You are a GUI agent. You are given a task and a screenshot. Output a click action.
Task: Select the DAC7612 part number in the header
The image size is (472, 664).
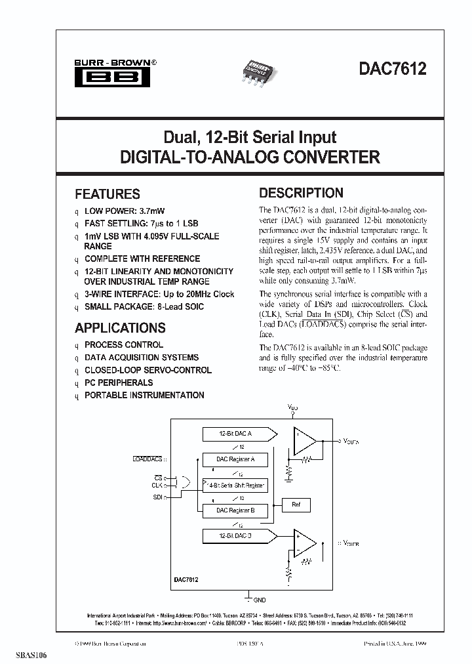coord(392,69)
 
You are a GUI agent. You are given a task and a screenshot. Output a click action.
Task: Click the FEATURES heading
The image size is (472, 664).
coord(108,194)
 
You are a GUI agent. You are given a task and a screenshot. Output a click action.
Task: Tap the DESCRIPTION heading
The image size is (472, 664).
coord(301,193)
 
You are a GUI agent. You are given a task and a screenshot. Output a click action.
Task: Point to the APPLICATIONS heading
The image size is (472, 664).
coord(120,328)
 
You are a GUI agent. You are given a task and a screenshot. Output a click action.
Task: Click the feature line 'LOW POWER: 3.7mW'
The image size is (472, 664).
coord(125,211)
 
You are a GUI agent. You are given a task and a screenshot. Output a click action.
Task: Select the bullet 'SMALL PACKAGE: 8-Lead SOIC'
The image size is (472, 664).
coord(144,306)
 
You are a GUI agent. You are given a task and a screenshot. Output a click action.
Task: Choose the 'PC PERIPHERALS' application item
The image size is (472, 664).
coord(119,383)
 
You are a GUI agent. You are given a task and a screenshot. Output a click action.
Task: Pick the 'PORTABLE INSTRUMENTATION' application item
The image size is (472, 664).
coord(144,395)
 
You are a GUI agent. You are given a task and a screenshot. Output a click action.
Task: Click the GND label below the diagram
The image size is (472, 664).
coord(260,600)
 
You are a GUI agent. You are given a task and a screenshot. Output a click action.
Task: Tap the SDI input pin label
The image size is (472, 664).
coord(157,497)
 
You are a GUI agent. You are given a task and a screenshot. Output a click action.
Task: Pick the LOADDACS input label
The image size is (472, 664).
coord(147,459)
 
